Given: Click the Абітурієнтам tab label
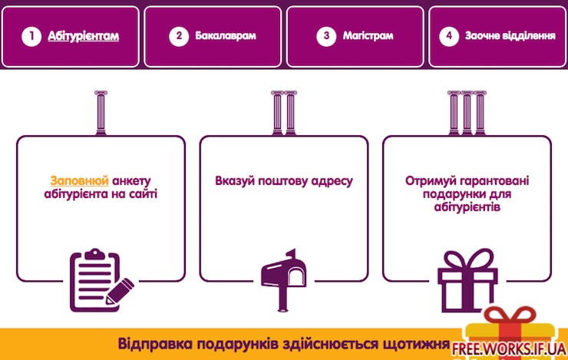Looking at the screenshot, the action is click(84, 36).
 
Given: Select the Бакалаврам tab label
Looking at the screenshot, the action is click(226, 35).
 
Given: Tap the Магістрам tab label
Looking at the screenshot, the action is click(368, 35).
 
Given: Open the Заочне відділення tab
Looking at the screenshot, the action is click(510, 35).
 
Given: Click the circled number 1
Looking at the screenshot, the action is click(31, 36).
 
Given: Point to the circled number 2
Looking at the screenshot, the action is click(179, 36).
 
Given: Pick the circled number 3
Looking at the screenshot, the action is click(326, 36).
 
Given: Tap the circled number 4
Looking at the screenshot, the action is click(449, 36).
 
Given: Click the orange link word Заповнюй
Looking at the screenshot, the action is click(79, 180).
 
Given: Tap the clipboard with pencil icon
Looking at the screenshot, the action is click(101, 280).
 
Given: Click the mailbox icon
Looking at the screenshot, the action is click(284, 279).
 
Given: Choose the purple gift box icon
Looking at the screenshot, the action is click(467, 280).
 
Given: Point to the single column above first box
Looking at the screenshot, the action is click(101, 113).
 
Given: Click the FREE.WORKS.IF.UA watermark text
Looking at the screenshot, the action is click(508, 348).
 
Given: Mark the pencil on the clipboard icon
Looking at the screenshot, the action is click(120, 291).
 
